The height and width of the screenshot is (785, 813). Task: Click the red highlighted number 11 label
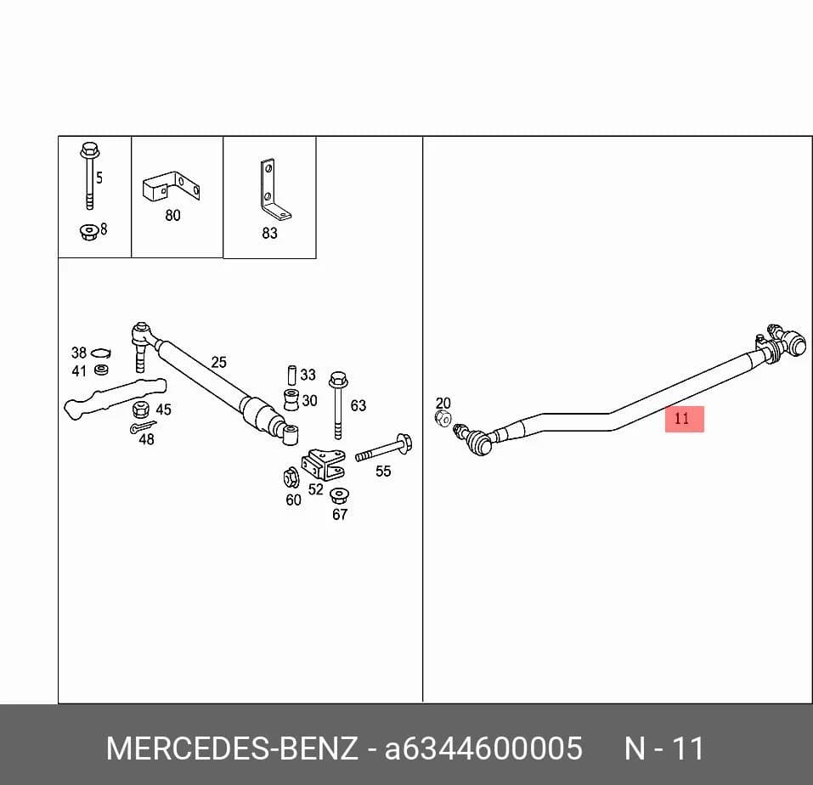coord(685,419)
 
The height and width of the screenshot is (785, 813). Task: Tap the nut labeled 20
coord(443,418)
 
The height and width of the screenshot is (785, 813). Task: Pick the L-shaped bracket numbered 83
coord(274,189)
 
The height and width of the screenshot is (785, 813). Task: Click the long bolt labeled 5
coord(90,176)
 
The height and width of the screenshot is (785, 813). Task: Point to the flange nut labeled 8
coord(89,231)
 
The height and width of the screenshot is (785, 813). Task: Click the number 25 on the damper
coord(219,362)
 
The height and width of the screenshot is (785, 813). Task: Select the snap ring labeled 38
coord(100,353)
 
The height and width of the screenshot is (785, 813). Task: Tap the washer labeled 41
coord(101,370)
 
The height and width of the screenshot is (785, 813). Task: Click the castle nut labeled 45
coord(140,409)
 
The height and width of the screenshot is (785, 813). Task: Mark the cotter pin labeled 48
coord(142,427)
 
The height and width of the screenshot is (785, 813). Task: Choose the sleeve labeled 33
coord(292,376)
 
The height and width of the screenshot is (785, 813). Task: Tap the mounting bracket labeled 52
coord(324,464)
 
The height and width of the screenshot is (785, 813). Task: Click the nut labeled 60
coord(291,477)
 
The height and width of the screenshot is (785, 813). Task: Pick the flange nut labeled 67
coord(339,495)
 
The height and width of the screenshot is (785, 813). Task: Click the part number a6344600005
coord(483,748)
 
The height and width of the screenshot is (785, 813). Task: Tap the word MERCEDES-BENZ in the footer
coord(232,748)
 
